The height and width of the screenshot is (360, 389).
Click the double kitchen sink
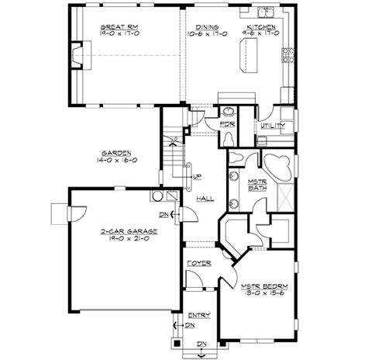tap(266, 12)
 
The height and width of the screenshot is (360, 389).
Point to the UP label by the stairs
tap(198, 175)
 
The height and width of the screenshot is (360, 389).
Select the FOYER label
tap(199, 263)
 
